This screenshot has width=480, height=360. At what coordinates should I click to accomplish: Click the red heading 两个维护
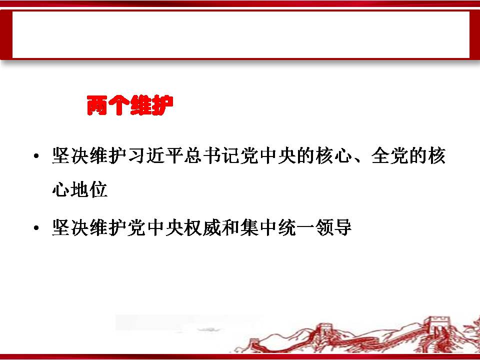(x=130, y=105)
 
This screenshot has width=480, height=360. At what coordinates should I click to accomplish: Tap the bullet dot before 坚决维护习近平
(x=36, y=156)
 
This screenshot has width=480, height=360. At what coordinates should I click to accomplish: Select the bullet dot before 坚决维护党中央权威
(x=36, y=228)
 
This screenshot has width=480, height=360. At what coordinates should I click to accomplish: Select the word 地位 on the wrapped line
(x=89, y=189)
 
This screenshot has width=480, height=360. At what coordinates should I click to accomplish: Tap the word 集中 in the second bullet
(x=258, y=227)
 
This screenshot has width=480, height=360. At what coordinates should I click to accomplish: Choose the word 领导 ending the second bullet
(x=333, y=227)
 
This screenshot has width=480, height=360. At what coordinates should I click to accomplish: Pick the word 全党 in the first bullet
(x=389, y=156)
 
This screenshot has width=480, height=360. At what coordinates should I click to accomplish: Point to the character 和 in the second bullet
(x=230, y=227)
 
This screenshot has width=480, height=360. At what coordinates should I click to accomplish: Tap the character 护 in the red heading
(x=163, y=105)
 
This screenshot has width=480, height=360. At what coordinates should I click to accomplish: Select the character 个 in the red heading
(x=119, y=105)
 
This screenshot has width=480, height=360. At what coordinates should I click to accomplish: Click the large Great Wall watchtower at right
(x=438, y=328)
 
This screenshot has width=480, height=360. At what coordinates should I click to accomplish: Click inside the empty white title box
(x=240, y=34)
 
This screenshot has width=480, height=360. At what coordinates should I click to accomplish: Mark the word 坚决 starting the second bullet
(x=70, y=227)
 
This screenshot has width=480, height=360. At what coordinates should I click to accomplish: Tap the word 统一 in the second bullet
(x=296, y=227)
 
